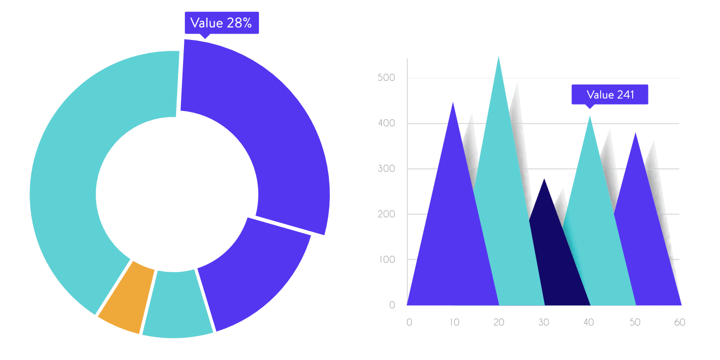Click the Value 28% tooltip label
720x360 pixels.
(221, 23)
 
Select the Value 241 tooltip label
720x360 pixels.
(610, 95)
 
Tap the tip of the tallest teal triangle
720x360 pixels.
(499, 58)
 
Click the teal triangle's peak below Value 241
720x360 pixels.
(590, 117)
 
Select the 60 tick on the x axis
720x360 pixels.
(680, 323)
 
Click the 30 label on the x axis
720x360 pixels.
(544, 323)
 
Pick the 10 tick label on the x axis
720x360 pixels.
(454, 323)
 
